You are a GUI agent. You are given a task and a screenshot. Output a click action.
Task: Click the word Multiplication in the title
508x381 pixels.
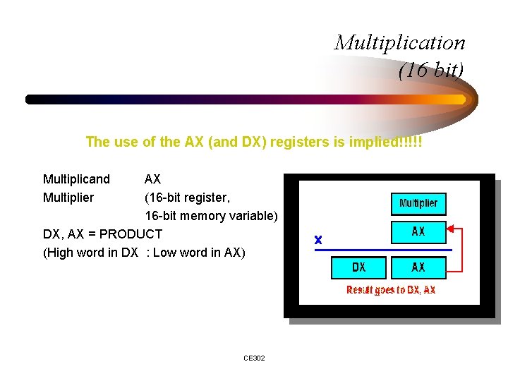coord(400,42)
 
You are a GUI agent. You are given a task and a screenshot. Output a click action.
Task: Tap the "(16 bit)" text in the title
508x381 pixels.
coord(431,71)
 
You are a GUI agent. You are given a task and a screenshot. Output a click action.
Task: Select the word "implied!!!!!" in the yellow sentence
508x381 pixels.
coord(389,142)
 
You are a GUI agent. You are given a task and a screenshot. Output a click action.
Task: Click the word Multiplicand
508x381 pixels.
coord(76,179)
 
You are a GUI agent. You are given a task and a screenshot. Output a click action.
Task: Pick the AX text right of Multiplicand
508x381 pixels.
coord(152,179)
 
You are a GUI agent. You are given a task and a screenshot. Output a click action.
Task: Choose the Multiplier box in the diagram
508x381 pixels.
coord(418,203)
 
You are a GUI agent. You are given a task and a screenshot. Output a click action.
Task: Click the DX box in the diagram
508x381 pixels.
coord(358,267)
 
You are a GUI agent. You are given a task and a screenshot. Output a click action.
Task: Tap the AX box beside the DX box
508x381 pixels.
coord(418,267)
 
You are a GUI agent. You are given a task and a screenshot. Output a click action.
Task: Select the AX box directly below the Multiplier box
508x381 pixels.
coord(418,231)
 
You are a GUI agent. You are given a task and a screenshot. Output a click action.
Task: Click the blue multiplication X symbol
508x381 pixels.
coord(318,240)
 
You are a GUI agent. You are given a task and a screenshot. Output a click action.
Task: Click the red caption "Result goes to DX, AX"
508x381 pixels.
coord(390,290)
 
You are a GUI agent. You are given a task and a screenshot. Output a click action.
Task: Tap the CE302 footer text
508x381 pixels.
coord(254,358)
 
